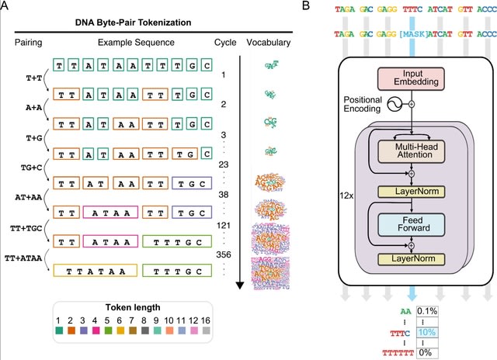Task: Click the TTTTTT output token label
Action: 391,351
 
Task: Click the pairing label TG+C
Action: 30,167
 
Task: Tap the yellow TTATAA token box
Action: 95,271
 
